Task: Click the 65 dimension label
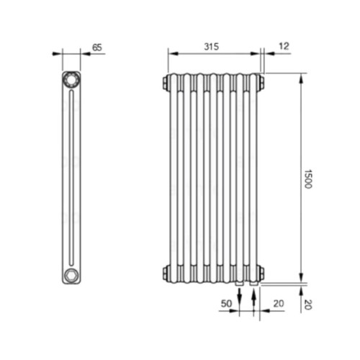coord(97,48)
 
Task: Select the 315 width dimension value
coord(212,47)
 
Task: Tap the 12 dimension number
coord(284,46)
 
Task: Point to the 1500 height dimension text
coord(308,179)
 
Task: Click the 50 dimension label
coord(226,304)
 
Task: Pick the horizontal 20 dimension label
coord(279,304)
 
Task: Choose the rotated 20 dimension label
coord(308,305)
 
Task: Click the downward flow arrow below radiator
coord(239,295)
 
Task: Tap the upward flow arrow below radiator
coord(254,295)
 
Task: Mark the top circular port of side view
coord(71,79)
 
